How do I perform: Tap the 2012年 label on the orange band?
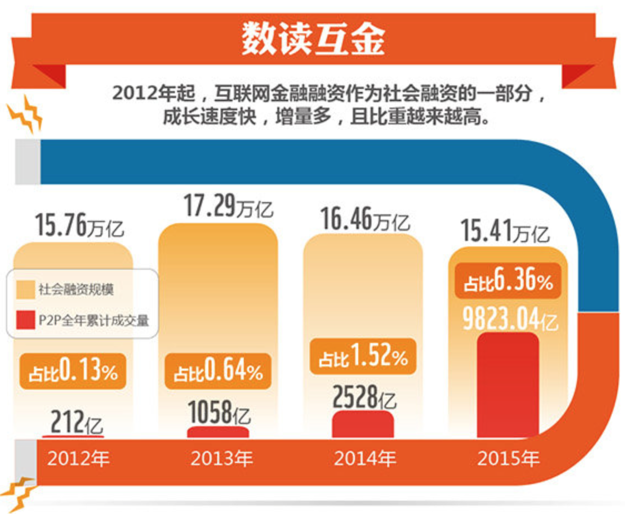click(x=78, y=459)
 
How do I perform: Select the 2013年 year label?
click(x=222, y=459)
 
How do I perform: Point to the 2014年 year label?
click(x=365, y=459)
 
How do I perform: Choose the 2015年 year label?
click(x=508, y=459)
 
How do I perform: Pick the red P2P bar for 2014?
click(x=363, y=424)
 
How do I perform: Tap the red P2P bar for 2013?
click(x=218, y=432)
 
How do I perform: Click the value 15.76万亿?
click(x=79, y=226)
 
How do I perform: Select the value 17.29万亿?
click(x=228, y=206)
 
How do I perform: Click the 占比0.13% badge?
click(x=73, y=370)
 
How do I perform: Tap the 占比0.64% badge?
click(x=218, y=371)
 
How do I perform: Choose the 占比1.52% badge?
click(x=363, y=357)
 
